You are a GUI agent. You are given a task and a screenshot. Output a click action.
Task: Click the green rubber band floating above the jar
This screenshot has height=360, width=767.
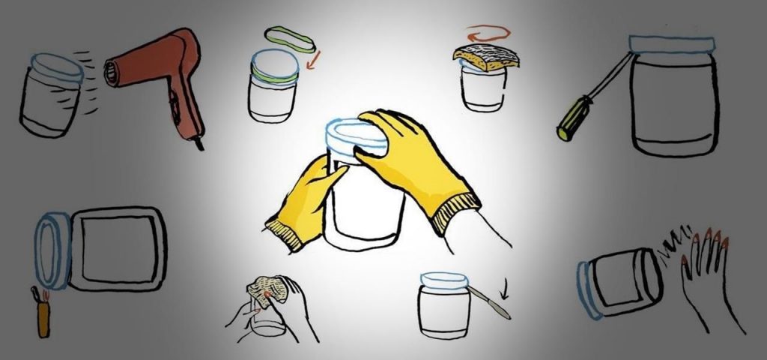[x=289, y=39]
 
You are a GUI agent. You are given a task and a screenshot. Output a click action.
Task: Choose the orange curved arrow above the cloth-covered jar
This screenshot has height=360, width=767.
[x=486, y=34]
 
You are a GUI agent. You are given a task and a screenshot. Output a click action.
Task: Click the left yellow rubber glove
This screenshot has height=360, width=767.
[x=304, y=202]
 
